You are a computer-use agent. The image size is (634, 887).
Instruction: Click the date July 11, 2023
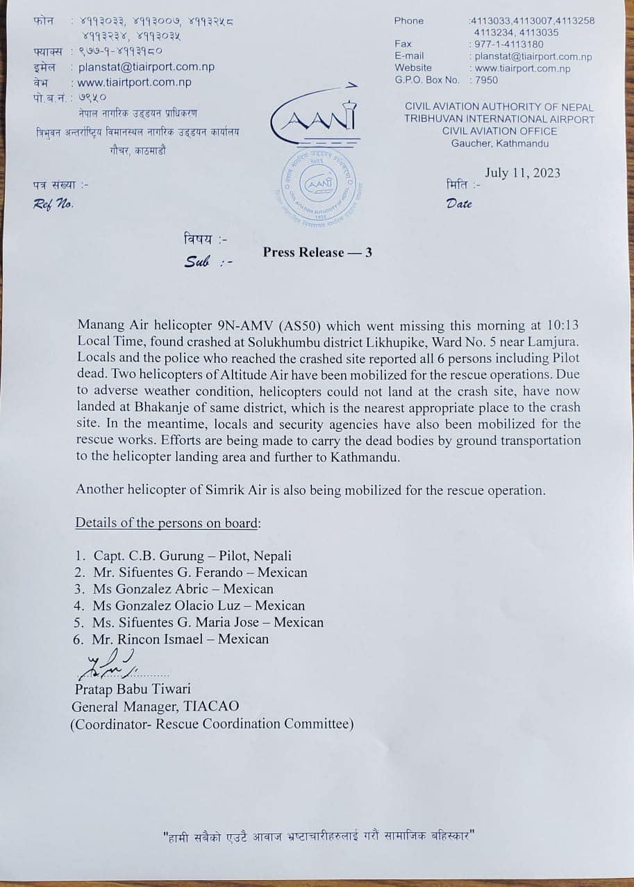522,173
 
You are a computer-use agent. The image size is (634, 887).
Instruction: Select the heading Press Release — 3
317,252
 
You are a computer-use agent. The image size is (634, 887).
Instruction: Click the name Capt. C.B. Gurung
152,556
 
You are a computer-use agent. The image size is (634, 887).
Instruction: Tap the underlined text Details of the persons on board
167,523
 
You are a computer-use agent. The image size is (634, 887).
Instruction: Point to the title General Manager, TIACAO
156,706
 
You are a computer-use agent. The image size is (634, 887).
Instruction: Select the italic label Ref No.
53,204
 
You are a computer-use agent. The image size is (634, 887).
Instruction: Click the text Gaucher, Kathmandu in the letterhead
500,143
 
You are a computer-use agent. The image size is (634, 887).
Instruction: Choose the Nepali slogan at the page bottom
317,836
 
